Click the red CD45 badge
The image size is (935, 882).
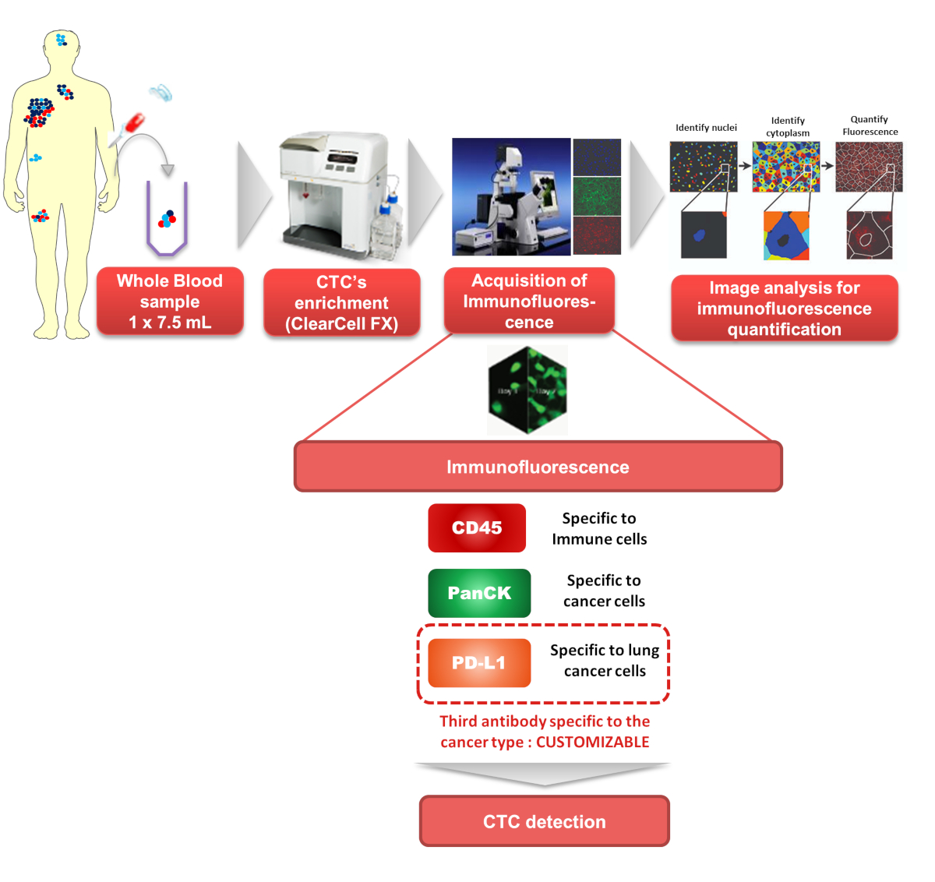coord(477,528)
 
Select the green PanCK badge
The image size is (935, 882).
coord(479,593)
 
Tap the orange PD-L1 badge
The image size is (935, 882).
coord(479,663)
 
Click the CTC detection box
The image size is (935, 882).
coord(545,821)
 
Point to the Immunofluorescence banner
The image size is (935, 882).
coord(538,467)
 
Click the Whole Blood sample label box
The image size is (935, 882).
coord(170,302)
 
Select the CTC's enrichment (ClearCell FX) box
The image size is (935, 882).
coord(341,303)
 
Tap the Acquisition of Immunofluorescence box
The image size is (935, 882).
coord(529,302)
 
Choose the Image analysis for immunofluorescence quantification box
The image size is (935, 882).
coord(784,309)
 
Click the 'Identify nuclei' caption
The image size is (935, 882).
coord(706,128)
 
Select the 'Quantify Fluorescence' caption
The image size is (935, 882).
coord(870,125)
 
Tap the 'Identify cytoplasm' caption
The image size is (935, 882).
coord(788,127)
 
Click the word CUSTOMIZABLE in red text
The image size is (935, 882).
coord(592,743)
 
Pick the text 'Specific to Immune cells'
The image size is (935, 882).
coord(599,528)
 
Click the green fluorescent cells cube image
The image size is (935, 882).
coord(527,390)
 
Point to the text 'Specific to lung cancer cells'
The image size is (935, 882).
coord(605,661)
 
